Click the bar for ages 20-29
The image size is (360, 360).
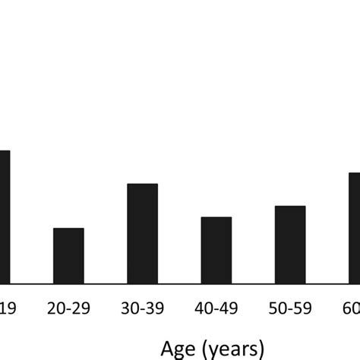(68, 256)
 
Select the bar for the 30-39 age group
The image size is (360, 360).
(142, 234)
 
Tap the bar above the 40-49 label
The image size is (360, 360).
(216, 251)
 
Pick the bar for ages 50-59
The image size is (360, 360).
(290, 245)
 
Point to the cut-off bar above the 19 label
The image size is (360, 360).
(5, 217)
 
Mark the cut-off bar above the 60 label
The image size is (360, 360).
(354, 228)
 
